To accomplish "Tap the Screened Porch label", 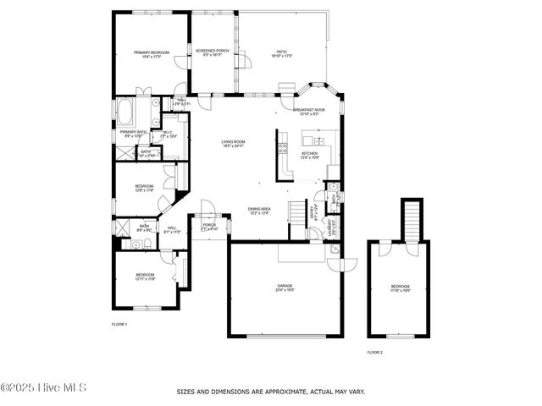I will click(213, 52).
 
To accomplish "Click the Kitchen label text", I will click(310, 154).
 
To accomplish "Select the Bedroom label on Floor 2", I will click(399, 287).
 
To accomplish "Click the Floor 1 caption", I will click(119, 324).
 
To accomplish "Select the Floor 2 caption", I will click(374, 352).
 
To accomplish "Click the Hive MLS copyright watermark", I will click(43, 387).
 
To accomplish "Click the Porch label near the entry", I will click(209, 226).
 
